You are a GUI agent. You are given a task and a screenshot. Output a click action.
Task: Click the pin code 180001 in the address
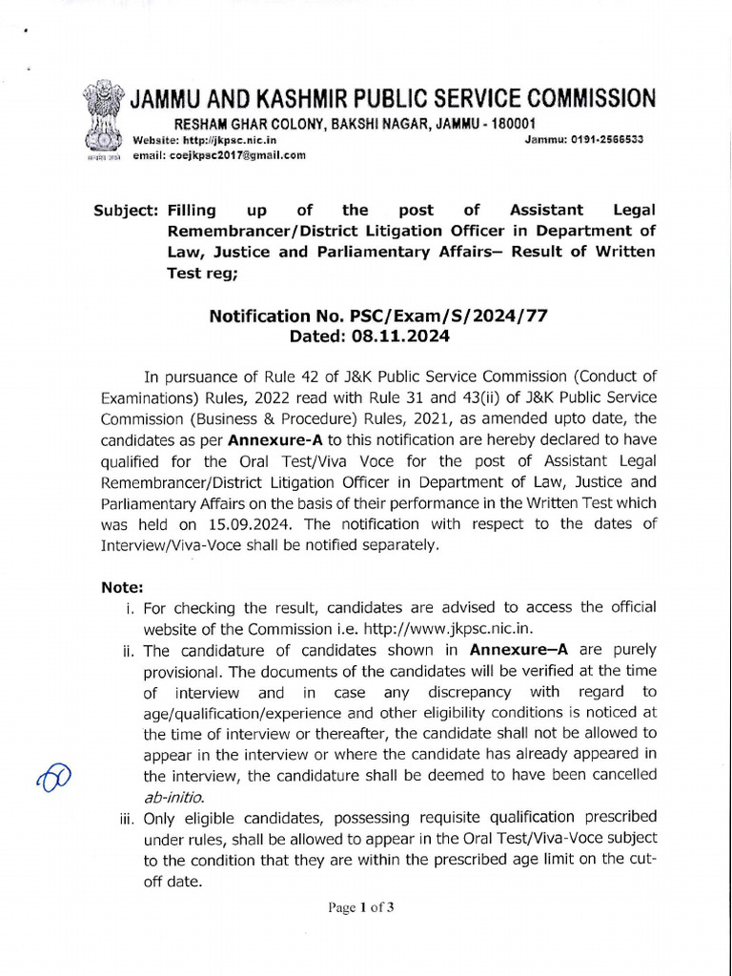pos(510,124)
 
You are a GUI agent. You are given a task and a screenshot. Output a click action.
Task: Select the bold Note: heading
pos(122,587)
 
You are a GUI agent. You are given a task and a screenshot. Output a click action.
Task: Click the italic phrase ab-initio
pos(173,796)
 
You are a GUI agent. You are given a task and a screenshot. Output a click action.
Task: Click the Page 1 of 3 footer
pos(361,906)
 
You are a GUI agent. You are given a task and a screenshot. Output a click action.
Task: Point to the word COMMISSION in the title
pos(579,98)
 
